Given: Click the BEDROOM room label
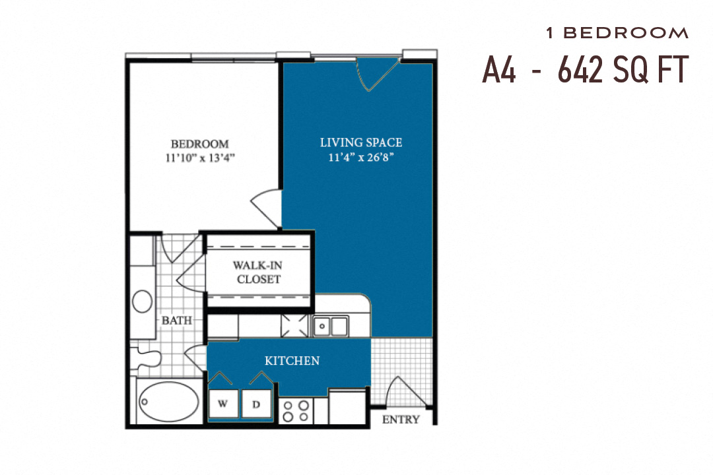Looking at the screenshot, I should (x=199, y=144).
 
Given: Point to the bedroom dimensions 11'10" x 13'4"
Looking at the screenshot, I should (x=199, y=158).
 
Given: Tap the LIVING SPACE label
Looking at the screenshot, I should (x=360, y=142).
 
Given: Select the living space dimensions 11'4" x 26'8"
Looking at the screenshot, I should (x=360, y=158).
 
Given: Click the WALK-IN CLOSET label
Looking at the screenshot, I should (x=256, y=272).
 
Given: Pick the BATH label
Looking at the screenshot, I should (x=177, y=321).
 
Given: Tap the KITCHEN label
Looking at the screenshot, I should (x=292, y=361).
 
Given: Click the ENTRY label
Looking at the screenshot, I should (x=401, y=420).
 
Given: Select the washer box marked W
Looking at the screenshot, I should (x=223, y=404).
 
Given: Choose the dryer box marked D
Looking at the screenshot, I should (x=255, y=404).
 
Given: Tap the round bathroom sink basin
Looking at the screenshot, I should (x=143, y=301).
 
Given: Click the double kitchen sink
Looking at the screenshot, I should (x=331, y=326).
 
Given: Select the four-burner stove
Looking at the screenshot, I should (x=295, y=410).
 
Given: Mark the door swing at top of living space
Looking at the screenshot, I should (x=376, y=73).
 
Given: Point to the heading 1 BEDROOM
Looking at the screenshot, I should (x=617, y=32).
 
